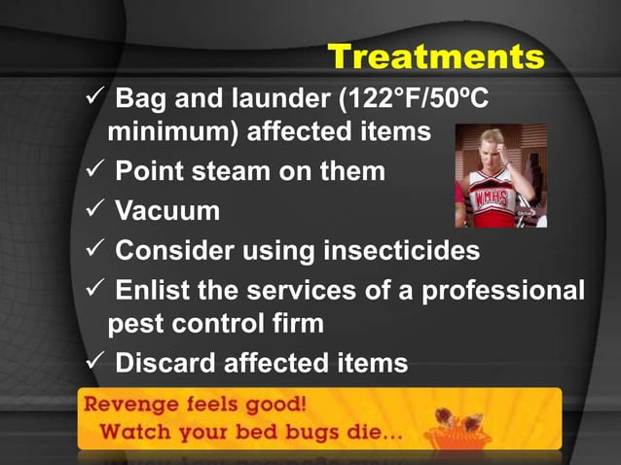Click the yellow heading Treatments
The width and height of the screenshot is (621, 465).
coord(435,56)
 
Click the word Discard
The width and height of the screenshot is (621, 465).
coord(165,363)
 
